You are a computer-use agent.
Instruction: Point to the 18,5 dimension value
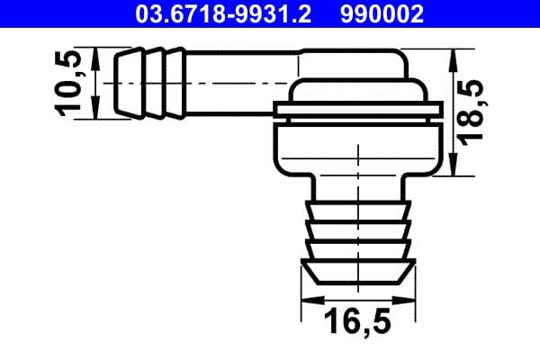point(476,110)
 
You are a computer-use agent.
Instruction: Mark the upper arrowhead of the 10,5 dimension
point(94,56)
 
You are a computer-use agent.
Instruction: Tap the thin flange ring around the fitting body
point(357,112)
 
